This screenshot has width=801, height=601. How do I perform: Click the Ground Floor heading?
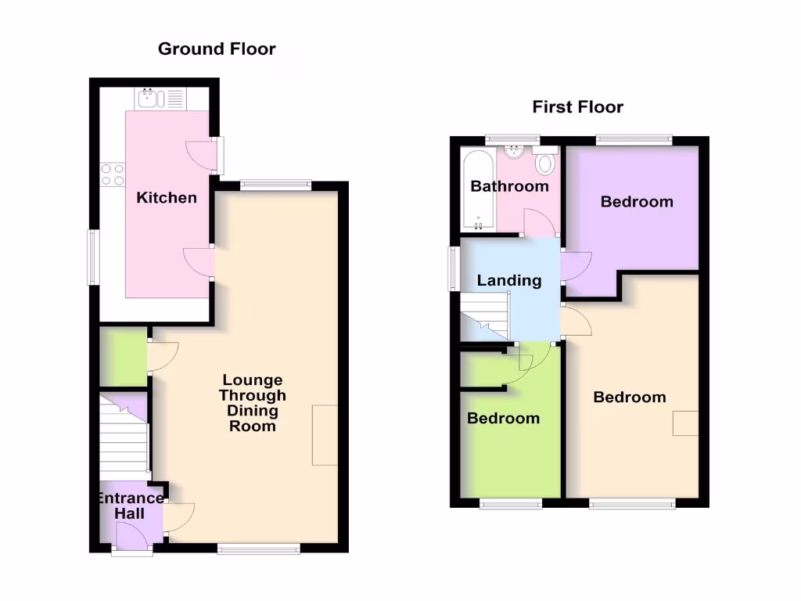point(217,49)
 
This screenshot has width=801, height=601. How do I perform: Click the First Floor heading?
point(577,107)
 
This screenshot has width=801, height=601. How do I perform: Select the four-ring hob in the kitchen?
point(113,174)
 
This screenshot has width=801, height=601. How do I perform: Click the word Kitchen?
point(167,197)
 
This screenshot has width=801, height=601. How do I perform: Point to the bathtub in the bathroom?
point(477,191)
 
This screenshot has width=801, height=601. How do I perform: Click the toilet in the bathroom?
point(545,164)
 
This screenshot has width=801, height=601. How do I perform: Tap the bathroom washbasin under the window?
point(515,152)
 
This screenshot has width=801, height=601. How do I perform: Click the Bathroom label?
point(509,186)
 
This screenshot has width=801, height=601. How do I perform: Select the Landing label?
point(509,280)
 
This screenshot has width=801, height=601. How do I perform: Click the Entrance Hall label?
point(130,506)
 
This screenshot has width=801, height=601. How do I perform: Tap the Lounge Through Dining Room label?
point(252,403)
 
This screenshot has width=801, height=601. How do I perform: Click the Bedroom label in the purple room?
point(637,202)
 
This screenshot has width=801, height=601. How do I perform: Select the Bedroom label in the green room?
point(503,418)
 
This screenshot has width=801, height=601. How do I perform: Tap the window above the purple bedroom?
point(634,140)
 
